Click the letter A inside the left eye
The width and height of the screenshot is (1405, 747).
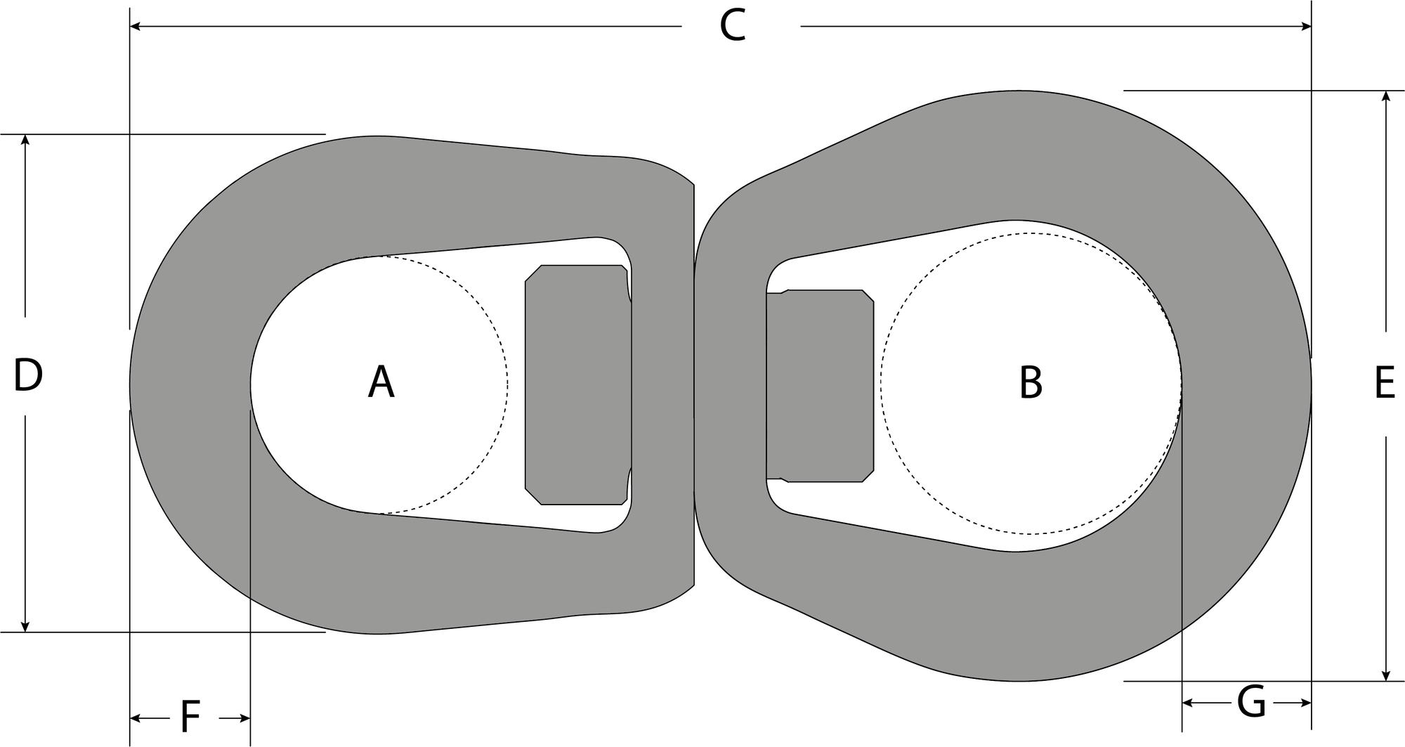[381, 383]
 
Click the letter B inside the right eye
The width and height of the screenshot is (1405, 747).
[1031, 383]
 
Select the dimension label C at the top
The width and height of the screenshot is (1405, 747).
[732, 27]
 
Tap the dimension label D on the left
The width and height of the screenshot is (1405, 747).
[28, 375]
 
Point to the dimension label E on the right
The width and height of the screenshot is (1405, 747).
[1384, 384]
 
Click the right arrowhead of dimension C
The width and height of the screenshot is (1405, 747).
[1306, 27]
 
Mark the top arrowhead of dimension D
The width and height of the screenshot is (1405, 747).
[25, 139]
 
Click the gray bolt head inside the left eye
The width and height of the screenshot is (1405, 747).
[577, 385]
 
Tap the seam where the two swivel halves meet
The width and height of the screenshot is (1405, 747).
[694, 385]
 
